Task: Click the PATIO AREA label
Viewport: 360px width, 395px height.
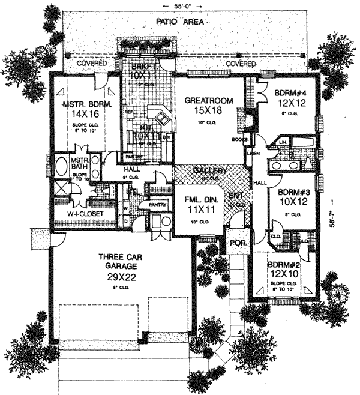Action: tap(179, 21)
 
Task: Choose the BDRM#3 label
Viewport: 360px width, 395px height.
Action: tap(293, 193)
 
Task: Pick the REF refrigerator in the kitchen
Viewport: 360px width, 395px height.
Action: tap(128, 111)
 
